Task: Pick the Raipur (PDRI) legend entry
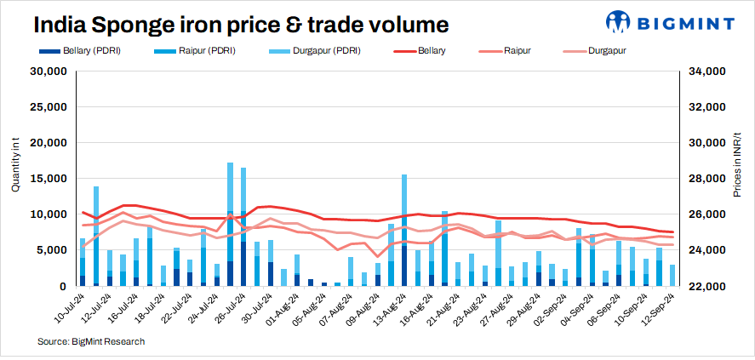(x=207, y=51)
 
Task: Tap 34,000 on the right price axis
(x=704, y=71)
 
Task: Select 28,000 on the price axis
(x=704, y=179)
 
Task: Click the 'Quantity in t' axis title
(x=14, y=168)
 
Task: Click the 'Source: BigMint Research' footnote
(x=91, y=341)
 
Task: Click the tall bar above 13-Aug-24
(x=404, y=230)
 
